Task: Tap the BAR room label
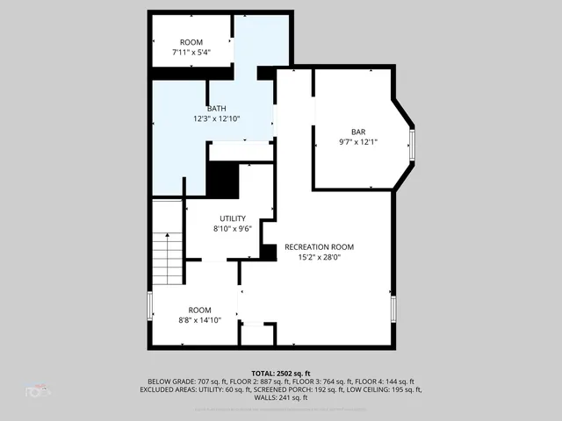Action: point(358,131)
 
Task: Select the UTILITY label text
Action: point(233,218)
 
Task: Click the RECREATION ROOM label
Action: point(319,247)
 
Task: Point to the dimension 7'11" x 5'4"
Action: point(191,53)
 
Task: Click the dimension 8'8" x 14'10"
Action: point(199,320)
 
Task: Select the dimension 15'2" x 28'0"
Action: point(319,258)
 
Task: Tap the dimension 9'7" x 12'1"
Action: point(358,141)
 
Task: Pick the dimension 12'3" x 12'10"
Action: point(217,118)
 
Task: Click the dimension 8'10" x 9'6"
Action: point(233,229)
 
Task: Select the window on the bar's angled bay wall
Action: point(412,144)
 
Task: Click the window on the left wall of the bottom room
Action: point(150,306)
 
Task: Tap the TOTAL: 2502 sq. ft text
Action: point(281,373)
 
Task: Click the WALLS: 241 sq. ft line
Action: point(281,397)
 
